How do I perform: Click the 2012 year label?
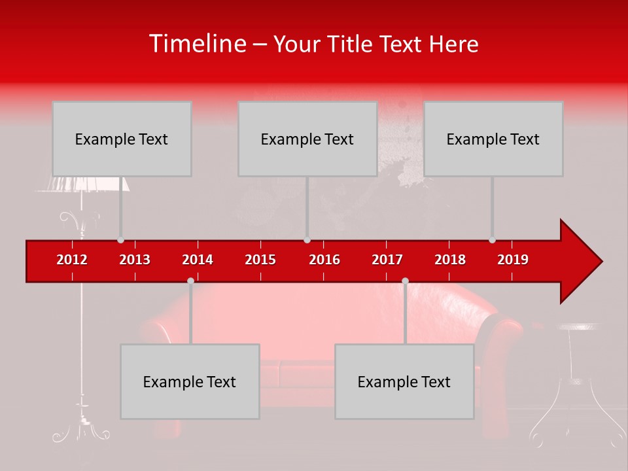point(72,260)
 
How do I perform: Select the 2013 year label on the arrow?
point(135,260)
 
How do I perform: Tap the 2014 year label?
point(198,260)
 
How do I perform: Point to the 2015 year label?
point(260,260)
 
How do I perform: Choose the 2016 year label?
point(324,260)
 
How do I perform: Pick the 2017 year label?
point(387,260)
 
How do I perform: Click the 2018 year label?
point(450,260)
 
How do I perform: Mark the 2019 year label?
point(513,260)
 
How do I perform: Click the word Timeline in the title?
point(197,44)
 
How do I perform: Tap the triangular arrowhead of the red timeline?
point(580,262)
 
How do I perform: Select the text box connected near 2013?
point(122,139)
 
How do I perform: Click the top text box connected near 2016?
point(307,139)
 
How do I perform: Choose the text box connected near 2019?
point(493,139)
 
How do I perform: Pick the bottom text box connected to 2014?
point(190,381)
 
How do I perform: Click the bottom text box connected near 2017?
point(404,381)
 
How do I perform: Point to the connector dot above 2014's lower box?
point(190,281)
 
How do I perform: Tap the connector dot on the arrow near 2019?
point(493,240)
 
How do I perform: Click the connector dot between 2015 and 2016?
point(307,240)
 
